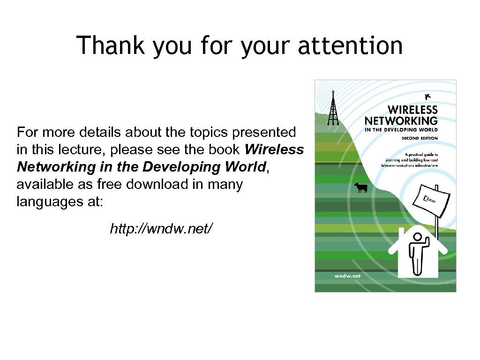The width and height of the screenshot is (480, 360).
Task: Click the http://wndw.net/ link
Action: click(161, 229)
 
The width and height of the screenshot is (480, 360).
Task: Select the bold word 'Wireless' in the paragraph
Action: click(274, 150)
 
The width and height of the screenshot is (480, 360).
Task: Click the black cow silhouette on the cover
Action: click(360, 187)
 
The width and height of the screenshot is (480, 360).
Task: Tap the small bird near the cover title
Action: click(427, 97)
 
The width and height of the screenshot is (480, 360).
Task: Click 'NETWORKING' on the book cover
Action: click(401, 121)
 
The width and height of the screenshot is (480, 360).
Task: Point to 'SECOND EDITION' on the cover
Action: click(420, 138)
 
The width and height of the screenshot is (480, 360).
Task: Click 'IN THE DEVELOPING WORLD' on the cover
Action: click(401, 130)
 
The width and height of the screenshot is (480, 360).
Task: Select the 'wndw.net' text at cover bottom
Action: click(347, 276)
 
